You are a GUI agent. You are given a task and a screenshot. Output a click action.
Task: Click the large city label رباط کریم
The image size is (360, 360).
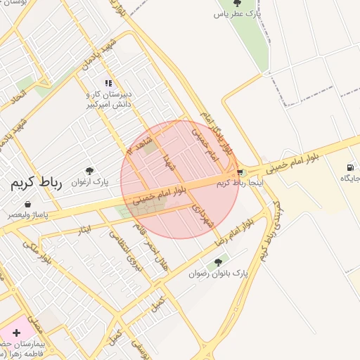(x=35, y=184)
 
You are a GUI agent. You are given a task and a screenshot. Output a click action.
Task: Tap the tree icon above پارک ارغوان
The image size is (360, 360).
(x=89, y=170)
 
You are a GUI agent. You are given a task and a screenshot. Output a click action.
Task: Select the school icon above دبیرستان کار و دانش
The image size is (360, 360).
(x=108, y=84)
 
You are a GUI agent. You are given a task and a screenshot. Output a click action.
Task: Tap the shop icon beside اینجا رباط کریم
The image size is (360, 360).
(x=240, y=172)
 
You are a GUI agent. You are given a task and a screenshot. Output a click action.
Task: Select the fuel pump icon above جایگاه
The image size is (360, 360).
(x=349, y=167)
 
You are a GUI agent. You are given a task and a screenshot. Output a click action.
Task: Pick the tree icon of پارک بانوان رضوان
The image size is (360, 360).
(x=226, y=262)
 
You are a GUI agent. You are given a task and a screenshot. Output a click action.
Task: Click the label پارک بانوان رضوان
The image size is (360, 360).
(x=219, y=273)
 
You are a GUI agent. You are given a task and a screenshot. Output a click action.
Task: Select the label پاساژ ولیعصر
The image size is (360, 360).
(x=30, y=214)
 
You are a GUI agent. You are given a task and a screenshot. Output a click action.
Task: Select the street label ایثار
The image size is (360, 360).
(x=85, y=229)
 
